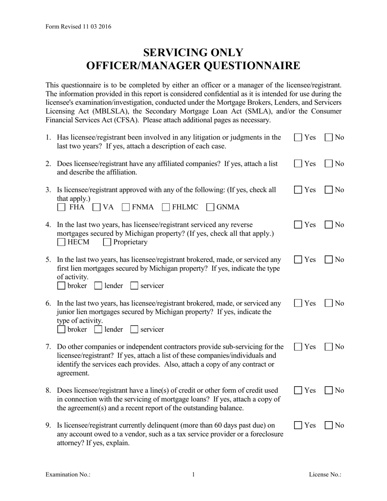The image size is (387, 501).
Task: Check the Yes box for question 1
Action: (298, 138)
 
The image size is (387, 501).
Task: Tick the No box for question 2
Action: (329, 164)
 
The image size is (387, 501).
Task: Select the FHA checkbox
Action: (61, 207)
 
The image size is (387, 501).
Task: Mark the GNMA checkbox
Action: (211, 207)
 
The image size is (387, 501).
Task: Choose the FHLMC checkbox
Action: (166, 207)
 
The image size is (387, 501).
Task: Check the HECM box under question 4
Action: (61, 242)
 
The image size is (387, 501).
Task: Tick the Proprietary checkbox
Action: (107, 242)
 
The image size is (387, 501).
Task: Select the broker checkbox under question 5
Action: (61, 286)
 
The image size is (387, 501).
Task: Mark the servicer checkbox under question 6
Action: (134, 330)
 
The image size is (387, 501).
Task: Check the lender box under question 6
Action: (98, 330)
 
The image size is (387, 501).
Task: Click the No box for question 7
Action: (329, 347)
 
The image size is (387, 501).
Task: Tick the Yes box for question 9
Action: (298, 426)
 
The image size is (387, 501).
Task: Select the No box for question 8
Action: (329, 391)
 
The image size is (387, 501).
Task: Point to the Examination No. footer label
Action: (68, 475)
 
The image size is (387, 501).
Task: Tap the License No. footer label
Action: (325, 475)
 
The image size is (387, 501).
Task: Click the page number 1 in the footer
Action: (193, 475)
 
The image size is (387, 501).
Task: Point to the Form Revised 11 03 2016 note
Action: (78, 27)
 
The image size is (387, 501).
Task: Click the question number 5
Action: (48, 259)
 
